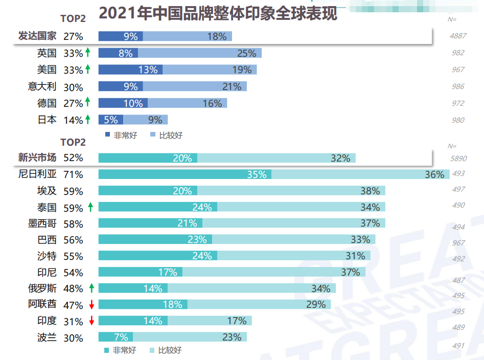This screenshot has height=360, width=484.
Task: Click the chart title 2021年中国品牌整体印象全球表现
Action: (218, 13)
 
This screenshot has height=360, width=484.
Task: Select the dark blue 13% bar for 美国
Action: (130, 70)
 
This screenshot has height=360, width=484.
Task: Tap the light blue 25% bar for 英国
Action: (199, 53)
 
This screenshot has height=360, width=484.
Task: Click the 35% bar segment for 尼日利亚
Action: (185, 174)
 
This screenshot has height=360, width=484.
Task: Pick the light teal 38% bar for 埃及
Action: (291, 191)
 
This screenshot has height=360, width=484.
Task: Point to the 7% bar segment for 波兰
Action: (116, 337)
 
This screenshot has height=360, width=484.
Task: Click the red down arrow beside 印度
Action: (91, 321)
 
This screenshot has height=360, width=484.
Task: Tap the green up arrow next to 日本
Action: (87, 120)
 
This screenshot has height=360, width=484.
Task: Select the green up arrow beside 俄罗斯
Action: (91, 288)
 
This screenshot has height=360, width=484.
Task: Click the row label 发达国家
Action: (37, 36)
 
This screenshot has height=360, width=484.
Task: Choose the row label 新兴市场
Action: (37, 158)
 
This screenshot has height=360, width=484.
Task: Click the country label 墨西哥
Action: (42, 223)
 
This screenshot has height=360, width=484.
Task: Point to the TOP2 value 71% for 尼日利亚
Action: (73, 174)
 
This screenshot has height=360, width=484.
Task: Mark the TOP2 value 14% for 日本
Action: (73, 120)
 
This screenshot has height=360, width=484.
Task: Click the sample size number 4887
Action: (458, 36)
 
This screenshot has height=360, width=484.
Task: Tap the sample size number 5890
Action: (458, 159)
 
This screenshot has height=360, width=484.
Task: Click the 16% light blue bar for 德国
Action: (187, 103)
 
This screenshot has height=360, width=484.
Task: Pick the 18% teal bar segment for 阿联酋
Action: (143, 304)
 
